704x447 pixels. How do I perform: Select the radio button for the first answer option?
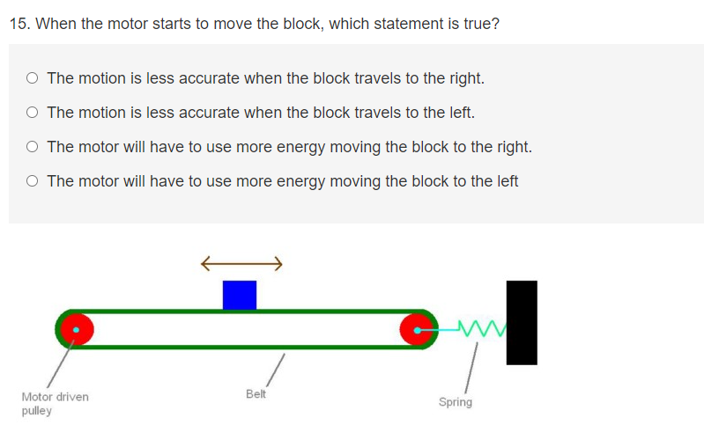coord(32,78)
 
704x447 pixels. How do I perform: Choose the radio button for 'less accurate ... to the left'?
coord(32,113)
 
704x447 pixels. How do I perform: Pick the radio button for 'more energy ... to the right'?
coord(32,147)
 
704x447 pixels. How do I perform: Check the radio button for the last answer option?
coord(32,181)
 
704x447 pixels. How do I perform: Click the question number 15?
coord(19,24)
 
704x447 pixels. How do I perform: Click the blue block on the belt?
coord(240,295)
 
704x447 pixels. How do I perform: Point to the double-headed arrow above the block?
coord(241,261)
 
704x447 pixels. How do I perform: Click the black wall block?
coord(522,322)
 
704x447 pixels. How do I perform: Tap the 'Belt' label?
coord(256,394)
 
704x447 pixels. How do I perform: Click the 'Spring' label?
coord(456,402)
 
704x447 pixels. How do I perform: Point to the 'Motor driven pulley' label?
coord(55,404)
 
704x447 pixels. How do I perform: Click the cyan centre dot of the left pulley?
coord(77,330)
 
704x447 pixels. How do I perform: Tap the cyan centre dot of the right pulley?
coord(418,330)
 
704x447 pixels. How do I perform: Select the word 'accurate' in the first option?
coord(209,78)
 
